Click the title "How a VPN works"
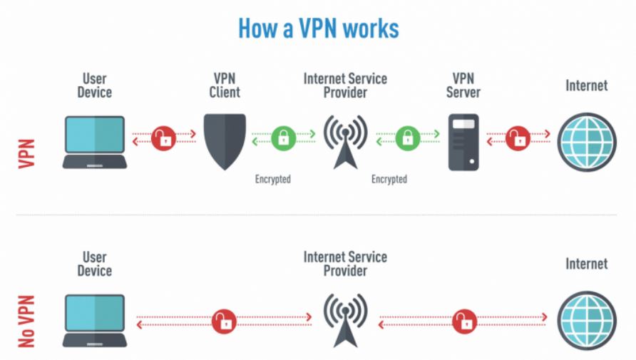(x=318, y=29)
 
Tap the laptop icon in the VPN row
(x=94, y=142)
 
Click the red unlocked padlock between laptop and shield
(x=164, y=137)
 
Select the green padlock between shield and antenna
(x=283, y=137)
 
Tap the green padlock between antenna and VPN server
(x=407, y=137)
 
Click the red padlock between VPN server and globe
(x=518, y=137)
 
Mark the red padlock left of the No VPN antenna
(x=224, y=321)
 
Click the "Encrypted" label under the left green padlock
(x=273, y=180)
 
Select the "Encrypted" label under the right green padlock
(x=389, y=180)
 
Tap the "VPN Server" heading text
(x=463, y=85)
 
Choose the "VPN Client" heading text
(x=225, y=85)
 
